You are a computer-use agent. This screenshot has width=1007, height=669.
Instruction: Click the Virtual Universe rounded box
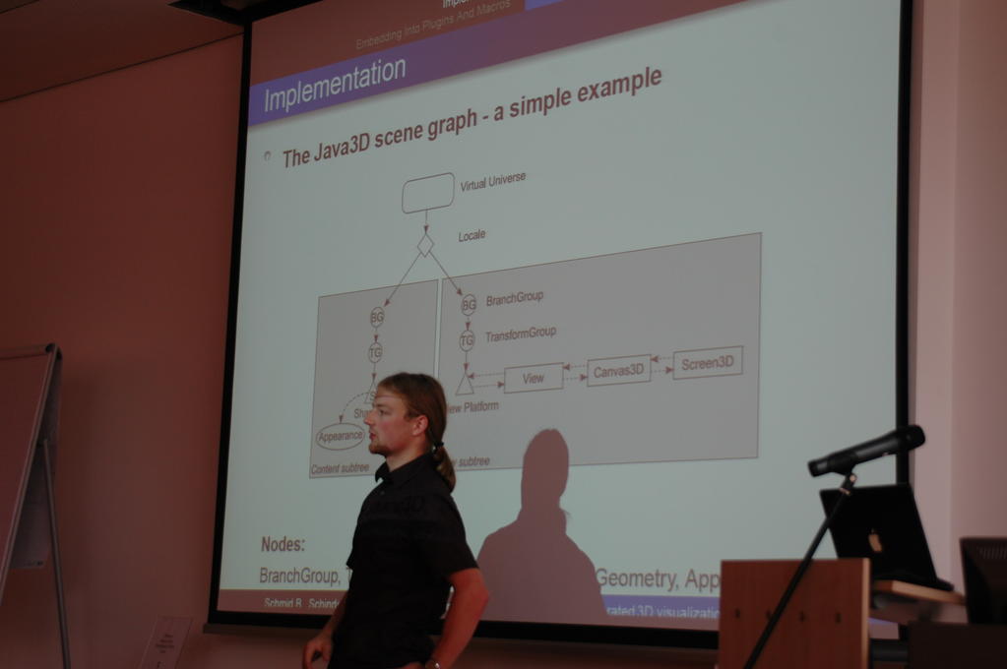tap(428, 193)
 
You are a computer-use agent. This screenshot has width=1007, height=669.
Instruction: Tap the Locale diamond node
tap(425, 244)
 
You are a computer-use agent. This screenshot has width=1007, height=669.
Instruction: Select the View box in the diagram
tap(533, 378)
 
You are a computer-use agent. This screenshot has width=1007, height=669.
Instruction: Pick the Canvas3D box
tap(618, 370)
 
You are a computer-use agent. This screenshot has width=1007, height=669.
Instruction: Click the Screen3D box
tap(707, 362)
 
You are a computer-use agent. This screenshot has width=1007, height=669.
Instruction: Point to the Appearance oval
tap(340, 436)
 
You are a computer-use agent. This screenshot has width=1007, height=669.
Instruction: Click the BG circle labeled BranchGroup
tap(469, 305)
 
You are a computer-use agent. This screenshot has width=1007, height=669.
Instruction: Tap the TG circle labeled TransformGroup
tap(467, 340)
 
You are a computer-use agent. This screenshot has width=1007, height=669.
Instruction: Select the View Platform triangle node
tap(465, 385)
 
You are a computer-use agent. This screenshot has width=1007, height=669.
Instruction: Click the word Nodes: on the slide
tap(283, 544)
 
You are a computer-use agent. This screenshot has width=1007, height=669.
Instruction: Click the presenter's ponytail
tap(444, 466)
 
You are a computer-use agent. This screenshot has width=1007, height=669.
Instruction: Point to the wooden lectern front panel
tap(792, 615)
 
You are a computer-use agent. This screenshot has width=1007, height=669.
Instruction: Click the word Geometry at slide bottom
tap(638, 578)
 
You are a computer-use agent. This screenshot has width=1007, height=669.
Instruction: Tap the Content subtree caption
tap(340, 469)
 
